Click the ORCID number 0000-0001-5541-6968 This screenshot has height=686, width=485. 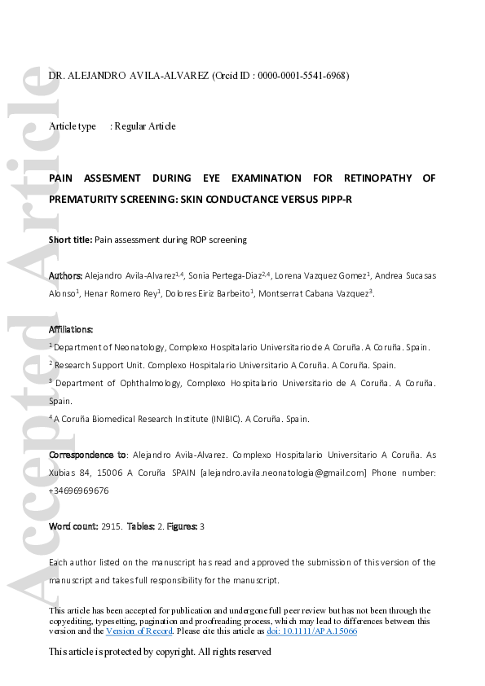302,76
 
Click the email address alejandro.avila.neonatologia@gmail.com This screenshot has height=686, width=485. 284,473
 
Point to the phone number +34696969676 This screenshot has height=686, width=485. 79,490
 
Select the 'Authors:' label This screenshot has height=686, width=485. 65,276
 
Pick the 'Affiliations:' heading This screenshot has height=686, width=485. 71,329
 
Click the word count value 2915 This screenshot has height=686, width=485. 111,527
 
